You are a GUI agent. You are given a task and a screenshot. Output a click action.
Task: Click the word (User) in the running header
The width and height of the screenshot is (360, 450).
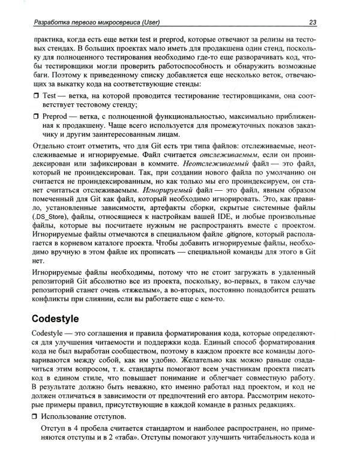tap(145, 22)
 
